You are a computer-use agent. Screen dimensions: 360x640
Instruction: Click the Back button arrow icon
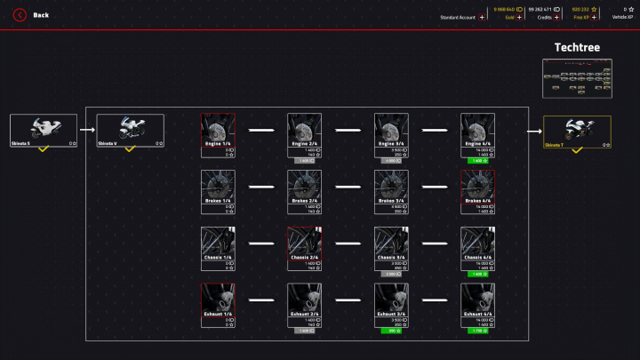19,15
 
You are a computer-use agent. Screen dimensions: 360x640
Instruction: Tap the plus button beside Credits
556,17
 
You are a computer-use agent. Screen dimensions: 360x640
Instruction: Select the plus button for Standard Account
482,17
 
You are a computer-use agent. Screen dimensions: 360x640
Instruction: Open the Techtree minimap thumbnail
577,78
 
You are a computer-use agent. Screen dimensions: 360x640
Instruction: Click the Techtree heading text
577,47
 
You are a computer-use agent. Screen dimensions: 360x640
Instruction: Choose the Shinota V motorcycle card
130,130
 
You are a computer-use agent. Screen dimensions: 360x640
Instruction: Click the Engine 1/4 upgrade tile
218,134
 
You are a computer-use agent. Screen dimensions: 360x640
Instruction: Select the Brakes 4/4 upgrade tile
477,191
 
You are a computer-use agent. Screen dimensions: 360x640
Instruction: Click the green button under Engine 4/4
477,160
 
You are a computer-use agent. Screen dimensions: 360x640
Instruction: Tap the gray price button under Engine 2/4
304,160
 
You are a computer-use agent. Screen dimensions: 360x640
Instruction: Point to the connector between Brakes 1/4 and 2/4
260,188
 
